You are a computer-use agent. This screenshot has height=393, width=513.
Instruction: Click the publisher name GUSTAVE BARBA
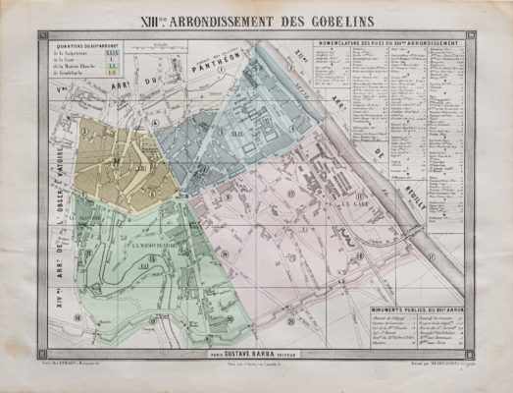click(256, 343)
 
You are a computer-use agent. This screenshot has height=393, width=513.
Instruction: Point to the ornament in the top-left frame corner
click(43, 36)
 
